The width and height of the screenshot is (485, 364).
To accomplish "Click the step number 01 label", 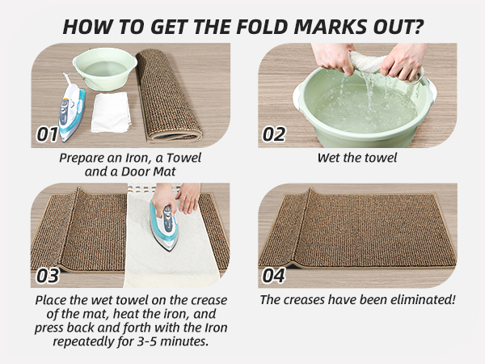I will [x=48, y=133].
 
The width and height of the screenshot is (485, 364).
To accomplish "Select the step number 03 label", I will [x=48, y=275].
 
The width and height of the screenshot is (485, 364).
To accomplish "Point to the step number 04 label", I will [x=275, y=275].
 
